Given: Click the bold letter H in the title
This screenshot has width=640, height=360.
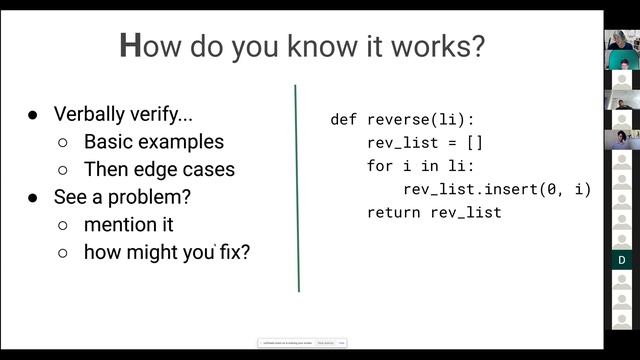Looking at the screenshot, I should point(130,46).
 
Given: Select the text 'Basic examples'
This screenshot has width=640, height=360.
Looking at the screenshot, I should point(153,142).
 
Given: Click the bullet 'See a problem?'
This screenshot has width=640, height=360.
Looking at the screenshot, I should point(122,197).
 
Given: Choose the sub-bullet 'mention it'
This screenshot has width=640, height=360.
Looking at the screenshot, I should point(128,224).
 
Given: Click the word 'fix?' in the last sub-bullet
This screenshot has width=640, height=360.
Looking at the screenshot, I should point(234,252).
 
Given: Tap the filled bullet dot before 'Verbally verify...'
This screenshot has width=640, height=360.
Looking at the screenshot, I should point(33,115).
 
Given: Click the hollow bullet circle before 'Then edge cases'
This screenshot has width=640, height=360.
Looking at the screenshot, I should point(63,170).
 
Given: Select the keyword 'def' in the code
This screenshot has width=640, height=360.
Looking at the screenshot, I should point(343,120).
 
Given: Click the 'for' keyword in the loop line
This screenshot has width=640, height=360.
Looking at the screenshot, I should point(380,166).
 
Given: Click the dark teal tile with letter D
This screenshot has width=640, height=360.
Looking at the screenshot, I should point(621,260).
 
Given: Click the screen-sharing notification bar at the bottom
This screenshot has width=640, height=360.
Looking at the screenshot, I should point(301,343).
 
